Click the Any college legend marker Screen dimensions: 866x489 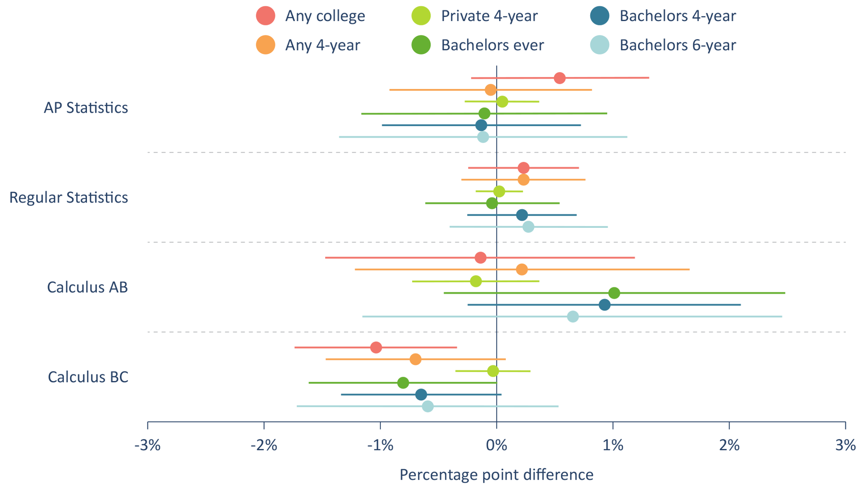point(266,16)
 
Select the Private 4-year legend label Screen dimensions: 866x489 point(489,16)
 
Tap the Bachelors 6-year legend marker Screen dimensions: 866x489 point(600,45)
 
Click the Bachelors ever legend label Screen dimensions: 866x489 point(492,45)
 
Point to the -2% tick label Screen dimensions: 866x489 point(264,445)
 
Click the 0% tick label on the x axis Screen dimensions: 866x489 point(497,445)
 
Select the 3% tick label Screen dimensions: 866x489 point(845,445)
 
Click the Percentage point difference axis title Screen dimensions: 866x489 point(497,475)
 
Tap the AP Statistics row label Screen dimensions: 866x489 point(86,108)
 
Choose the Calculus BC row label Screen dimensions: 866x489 point(88,377)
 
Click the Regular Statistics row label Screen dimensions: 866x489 point(68,197)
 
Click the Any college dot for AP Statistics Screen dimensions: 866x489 point(559,78)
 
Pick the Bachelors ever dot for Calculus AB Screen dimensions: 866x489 point(614,293)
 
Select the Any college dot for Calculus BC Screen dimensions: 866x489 point(376,348)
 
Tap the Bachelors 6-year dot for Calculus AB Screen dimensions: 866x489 point(573,316)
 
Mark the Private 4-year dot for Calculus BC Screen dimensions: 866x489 point(493,371)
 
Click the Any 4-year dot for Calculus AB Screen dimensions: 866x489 point(522,269)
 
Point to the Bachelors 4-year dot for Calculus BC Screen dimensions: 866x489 point(421,395)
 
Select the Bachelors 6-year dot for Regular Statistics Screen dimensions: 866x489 point(528,227)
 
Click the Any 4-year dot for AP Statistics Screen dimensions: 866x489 point(490,90)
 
